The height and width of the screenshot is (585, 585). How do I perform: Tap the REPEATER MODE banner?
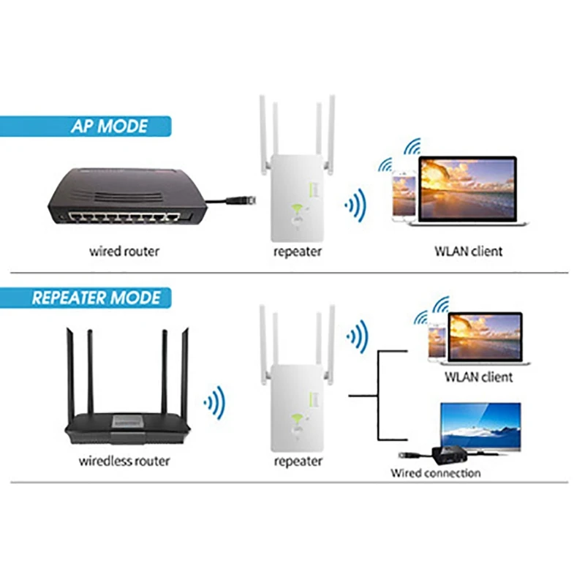(x=96, y=298)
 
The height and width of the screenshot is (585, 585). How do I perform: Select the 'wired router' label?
(x=124, y=252)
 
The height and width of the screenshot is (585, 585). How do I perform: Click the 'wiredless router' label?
(x=124, y=461)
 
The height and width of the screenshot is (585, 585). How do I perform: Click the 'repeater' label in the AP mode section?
(x=298, y=252)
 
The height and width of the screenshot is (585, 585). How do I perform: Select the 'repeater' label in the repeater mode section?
(x=298, y=461)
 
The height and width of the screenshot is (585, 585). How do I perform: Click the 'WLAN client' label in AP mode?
(x=469, y=252)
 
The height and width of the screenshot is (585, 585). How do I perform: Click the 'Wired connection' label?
(x=435, y=473)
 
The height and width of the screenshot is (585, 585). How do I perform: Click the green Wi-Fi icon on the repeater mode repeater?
(x=298, y=420)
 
